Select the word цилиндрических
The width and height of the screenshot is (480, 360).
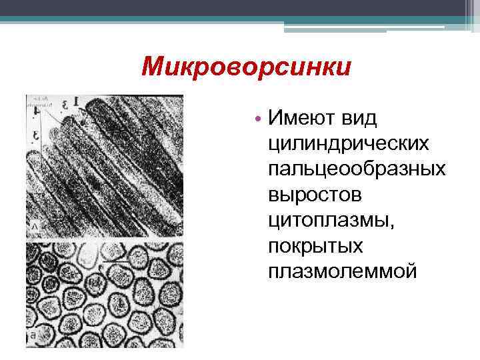(x=348, y=144)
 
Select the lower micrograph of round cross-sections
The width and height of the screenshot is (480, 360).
(x=104, y=293)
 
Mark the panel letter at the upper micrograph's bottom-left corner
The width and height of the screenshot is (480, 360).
(x=31, y=229)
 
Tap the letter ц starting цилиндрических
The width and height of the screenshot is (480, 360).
(x=273, y=145)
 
